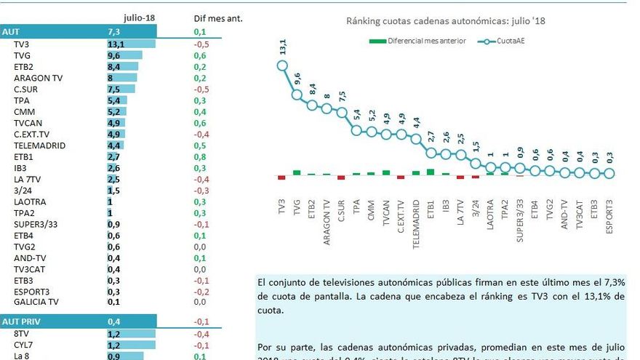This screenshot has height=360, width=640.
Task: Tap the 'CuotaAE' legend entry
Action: tap(506, 41)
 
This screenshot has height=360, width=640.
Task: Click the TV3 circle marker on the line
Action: tap(281, 66)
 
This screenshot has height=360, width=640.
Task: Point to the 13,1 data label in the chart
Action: tap(282, 47)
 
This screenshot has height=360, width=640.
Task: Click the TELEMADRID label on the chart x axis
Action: tap(416, 225)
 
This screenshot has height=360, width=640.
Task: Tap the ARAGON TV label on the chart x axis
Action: tap(327, 221)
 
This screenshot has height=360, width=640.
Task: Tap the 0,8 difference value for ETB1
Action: tap(200, 156)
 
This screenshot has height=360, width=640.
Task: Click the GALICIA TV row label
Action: tap(36, 302)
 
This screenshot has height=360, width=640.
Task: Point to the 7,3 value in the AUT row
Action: tap(113, 32)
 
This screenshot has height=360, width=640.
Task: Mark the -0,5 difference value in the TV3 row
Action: tap(201, 44)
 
